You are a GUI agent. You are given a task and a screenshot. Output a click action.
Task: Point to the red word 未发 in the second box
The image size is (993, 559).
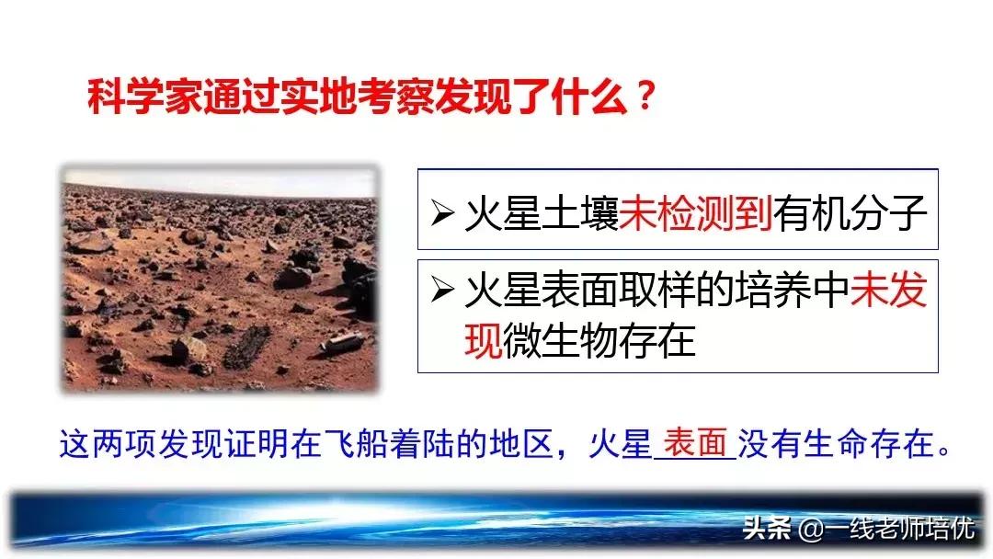[889, 292]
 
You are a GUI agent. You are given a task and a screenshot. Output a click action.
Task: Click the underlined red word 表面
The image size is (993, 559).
[695, 443]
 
